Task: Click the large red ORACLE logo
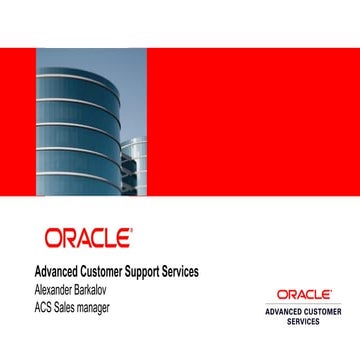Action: [87, 237]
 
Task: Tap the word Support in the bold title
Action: [158, 271]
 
